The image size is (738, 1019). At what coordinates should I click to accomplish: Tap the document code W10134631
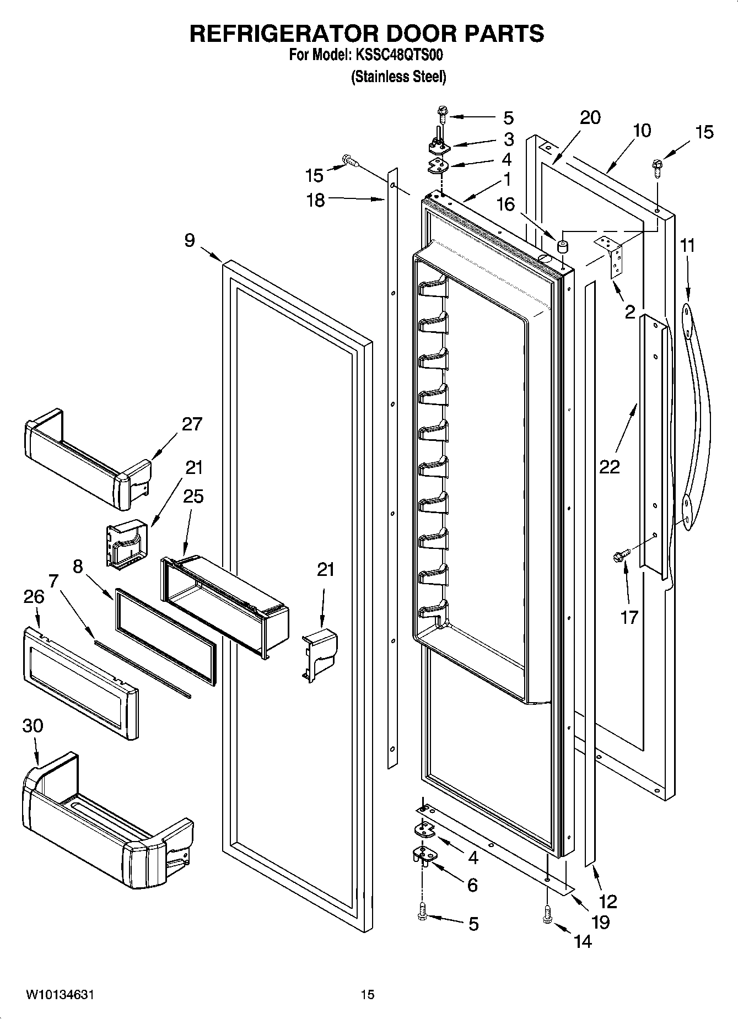point(60,995)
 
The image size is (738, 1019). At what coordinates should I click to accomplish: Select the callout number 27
point(192,424)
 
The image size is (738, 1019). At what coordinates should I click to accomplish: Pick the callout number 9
point(189,241)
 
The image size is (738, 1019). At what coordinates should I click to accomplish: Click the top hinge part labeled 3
point(440,147)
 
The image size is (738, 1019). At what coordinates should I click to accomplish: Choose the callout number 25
point(193,497)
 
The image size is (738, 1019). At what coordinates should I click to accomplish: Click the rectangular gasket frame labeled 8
point(165,637)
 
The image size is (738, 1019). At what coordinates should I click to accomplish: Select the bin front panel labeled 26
point(80,683)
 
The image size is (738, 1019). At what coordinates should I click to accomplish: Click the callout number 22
point(610,467)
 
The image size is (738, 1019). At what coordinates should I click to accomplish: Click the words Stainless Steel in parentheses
point(398,77)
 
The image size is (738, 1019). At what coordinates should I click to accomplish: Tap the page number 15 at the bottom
point(368,995)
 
